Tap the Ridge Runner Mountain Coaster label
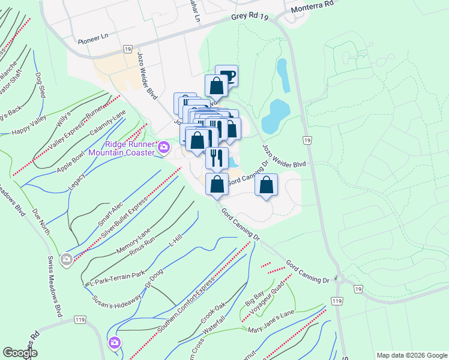pos(122,148)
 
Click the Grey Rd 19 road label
pos(249,18)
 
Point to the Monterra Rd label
pos(312,7)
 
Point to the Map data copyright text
pos(412,355)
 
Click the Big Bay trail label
pos(255,298)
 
